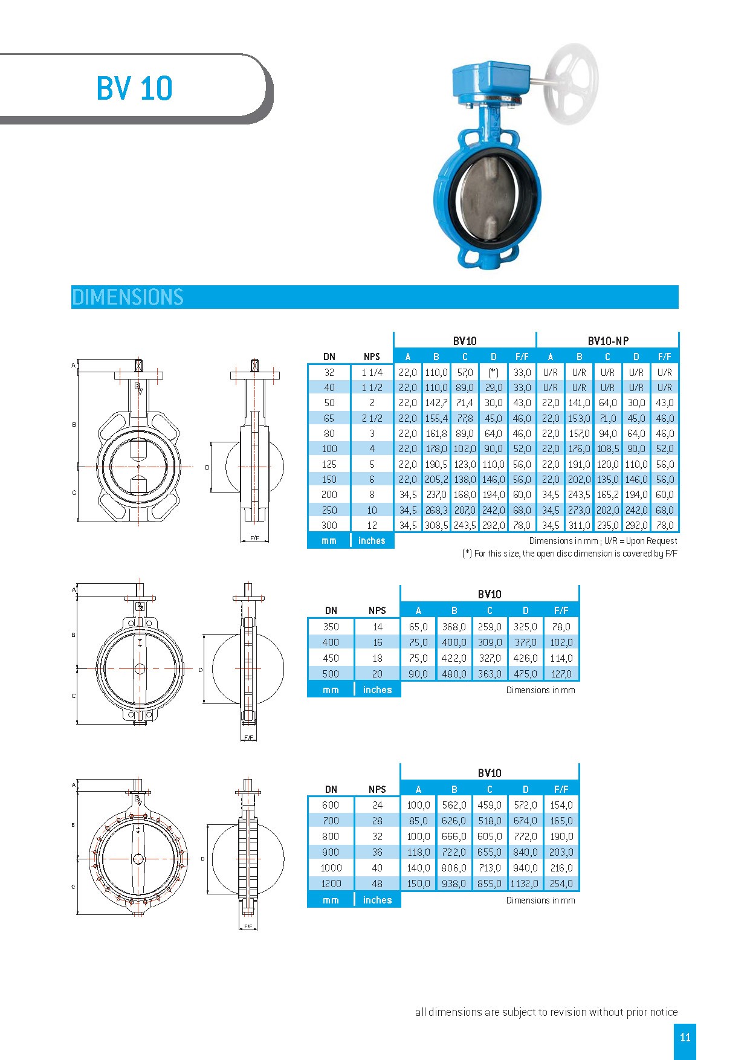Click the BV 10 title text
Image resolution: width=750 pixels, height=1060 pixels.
tap(134, 88)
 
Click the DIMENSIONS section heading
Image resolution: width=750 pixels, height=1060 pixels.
tap(128, 297)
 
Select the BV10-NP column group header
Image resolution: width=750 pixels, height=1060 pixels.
tap(607, 341)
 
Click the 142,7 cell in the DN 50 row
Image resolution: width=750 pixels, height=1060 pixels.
tap(436, 402)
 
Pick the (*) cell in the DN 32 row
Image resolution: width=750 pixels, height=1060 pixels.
tap(493, 372)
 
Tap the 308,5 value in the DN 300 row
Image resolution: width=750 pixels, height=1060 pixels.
tap(436, 525)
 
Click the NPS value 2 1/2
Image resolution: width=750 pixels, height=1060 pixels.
tap(372, 418)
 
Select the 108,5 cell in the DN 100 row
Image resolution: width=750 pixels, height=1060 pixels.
tap(607, 448)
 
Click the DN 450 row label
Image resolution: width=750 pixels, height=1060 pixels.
tap(331, 658)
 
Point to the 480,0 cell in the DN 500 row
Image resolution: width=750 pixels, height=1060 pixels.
tap(454, 674)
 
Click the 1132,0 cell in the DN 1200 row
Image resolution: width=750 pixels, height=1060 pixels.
tap(525, 884)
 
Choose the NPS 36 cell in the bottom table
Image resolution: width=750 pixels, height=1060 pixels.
tap(377, 852)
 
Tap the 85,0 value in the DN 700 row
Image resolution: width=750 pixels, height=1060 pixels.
tap(418, 821)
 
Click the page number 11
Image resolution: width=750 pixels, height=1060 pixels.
tap(685, 1038)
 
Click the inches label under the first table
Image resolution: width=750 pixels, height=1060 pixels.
tap(372, 541)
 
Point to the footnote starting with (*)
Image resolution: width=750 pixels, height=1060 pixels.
tap(569, 554)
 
